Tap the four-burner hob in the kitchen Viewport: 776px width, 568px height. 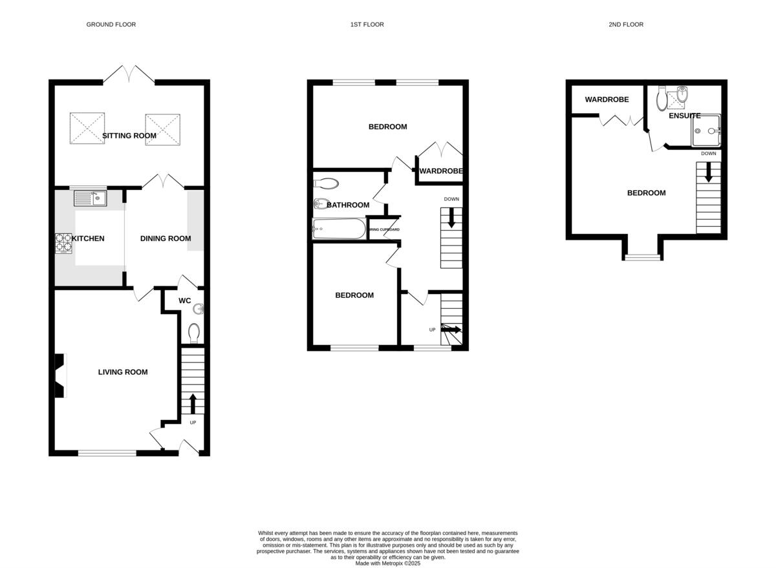pyautogui.click(x=63, y=242)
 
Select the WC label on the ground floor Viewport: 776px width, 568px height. pyautogui.click(x=184, y=300)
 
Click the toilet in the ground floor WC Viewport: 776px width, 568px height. pyautogui.click(x=193, y=333)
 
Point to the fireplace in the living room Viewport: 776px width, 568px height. pyautogui.click(x=59, y=375)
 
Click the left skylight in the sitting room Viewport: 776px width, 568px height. pyautogui.click(x=87, y=129)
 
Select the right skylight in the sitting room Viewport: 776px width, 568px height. pyautogui.click(x=163, y=129)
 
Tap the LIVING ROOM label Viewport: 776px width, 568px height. pyautogui.click(x=123, y=372)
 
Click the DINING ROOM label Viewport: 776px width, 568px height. pyautogui.click(x=166, y=238)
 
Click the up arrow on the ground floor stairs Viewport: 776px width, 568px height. pyautogui.click(x=192, y=403)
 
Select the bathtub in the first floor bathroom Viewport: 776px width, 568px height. pyautogui.click(x=338, y=229)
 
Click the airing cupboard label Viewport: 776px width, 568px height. pyautogui.click(x=384, y=230)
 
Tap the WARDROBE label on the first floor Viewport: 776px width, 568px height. pyautogui.click(x=441, y=171)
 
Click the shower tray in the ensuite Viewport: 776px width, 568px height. pyautogui.click(x=706, y=131)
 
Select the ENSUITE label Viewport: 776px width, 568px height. pyautogui.click(x=685, y=116)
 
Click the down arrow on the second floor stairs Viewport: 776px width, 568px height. pyautogui.click(x=708, y=172)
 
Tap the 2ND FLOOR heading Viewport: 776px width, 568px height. pyautogui.click(x=625, y=25)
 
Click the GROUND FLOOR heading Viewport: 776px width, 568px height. pyautogui.click(x=111, y=25)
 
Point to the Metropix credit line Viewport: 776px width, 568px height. pyautogui.click(x=388, y=563)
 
